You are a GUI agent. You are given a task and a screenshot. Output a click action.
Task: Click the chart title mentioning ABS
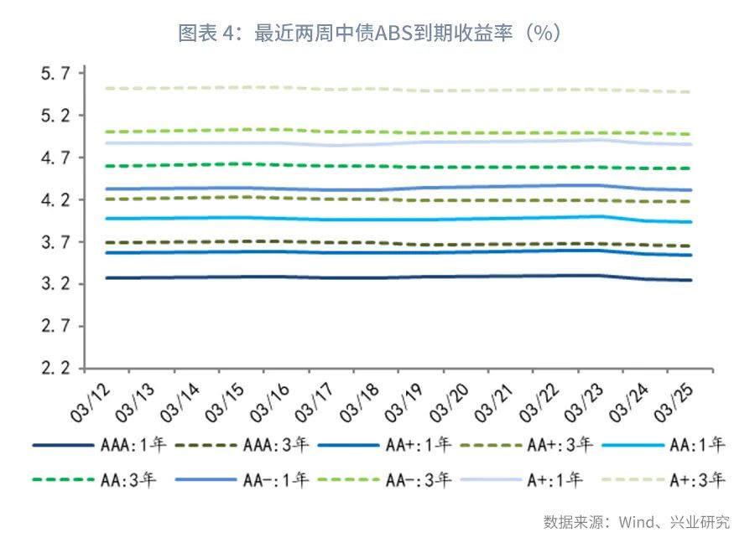click(x=369, y=34)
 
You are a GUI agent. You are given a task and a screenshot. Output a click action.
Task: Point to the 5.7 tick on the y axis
click(x=57, y=74)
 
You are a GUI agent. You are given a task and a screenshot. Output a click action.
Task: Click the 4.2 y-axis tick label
click(x=57, y=200)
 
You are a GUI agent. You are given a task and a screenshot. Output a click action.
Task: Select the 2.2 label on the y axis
click(x=57, y=369)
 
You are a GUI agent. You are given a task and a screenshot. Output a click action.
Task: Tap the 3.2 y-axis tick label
click(x=57, y=285)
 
